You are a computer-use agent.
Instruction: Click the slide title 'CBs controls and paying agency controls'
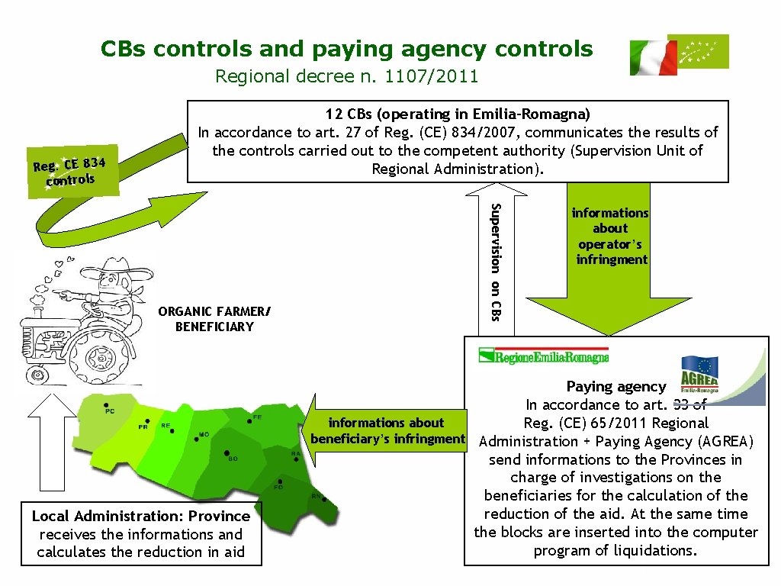[346, 50]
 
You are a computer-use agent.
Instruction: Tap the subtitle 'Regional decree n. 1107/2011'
[346, 76]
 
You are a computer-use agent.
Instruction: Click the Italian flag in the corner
[653, 58]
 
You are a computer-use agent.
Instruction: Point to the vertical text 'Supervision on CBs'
[495, 260]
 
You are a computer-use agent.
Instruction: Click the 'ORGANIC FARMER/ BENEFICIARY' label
[214, 319]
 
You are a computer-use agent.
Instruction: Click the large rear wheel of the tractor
[99, 354]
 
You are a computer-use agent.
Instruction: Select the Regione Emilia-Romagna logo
[544, 356]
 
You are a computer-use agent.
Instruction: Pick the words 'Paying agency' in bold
[616, 387]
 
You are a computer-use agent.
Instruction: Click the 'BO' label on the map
[233, 459]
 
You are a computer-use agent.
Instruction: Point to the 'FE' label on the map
[258, 417]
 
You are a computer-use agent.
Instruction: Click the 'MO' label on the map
[204, 435]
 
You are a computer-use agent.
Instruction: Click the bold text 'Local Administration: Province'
[141, 516]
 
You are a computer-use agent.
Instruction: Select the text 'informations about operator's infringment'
[610, 237]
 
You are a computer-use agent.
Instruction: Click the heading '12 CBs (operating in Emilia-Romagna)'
[458, 114]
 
